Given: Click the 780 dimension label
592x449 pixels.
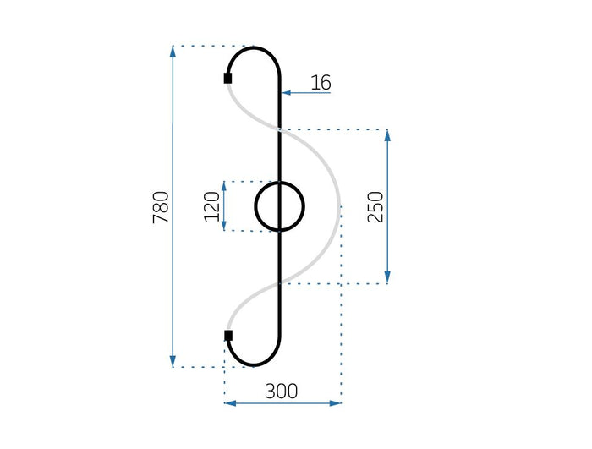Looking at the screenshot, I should pyautogui.click(x=160, y=207).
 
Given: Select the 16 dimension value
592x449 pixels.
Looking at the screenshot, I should pyautogui.click(x=321, y=82).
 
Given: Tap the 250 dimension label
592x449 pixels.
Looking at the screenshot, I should pyautogui.click(x=376, y=207).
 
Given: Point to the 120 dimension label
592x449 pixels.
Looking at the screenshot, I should pyautogui.click(x=212, y=206).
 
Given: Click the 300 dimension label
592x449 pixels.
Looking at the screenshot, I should pyautogui.click(x=282, y=392).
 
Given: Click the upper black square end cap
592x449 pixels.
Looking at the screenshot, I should pyautogui.click(x=227, y=79).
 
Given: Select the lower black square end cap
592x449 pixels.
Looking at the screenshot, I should pyautogui.click(x=227, y=336).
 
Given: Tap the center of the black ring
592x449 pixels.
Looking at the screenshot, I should pyautogui.click(x=280, y=206).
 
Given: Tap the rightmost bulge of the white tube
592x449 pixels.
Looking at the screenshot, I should pyautogui.click(x=339, y=206).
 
